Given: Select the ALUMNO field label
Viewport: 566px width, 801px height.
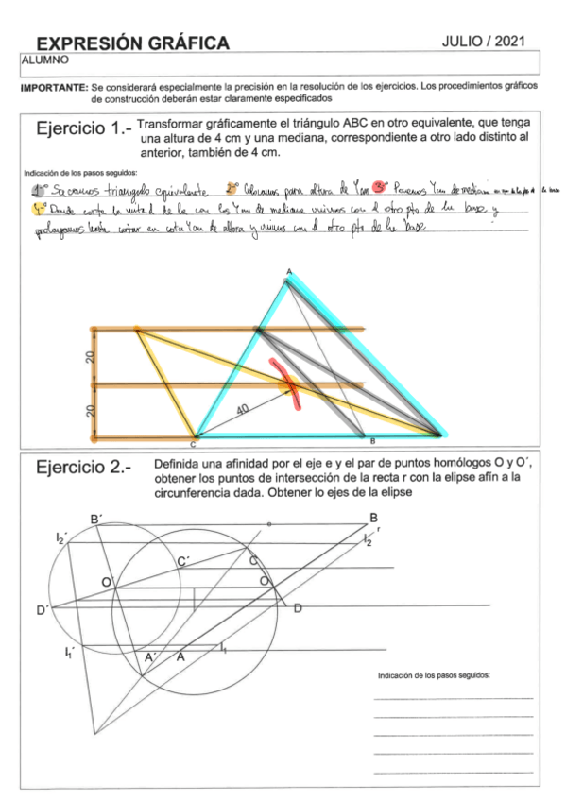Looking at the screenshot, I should coord(40,59).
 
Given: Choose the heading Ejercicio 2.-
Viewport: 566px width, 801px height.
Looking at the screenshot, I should coord(83,468).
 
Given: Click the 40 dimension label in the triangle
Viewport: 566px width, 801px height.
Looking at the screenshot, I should coord(245,408).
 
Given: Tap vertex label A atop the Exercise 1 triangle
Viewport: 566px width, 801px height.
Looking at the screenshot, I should coord(288,272).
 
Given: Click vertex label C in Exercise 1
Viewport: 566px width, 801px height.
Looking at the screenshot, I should coord(193,443).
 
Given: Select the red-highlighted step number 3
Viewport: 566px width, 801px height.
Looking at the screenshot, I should coord(381,187).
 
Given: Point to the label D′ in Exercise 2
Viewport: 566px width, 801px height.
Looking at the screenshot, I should coord(43,610).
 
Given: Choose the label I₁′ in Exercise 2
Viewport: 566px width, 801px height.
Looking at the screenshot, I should coord(70,652).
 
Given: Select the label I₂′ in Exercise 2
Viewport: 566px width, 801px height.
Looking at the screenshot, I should coord(61,537).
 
